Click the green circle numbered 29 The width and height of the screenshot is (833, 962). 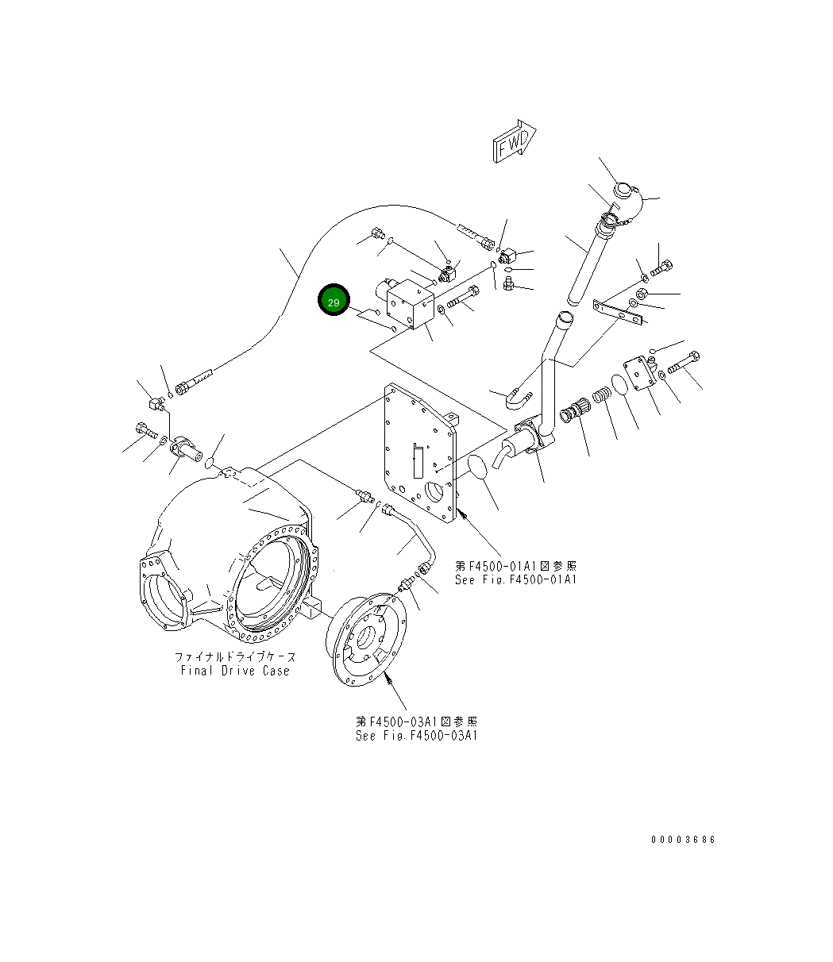point(334,302)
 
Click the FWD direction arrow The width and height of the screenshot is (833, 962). point(514,143)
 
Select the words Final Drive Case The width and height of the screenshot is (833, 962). point(235,671)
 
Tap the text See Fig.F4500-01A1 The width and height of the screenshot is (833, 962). point(515,579)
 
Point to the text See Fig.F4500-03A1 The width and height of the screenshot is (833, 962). point(416,736)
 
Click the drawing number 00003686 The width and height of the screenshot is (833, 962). point(683,840)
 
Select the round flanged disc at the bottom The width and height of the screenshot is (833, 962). point(372,633)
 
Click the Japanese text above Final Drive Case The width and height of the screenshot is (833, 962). point(235,657)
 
